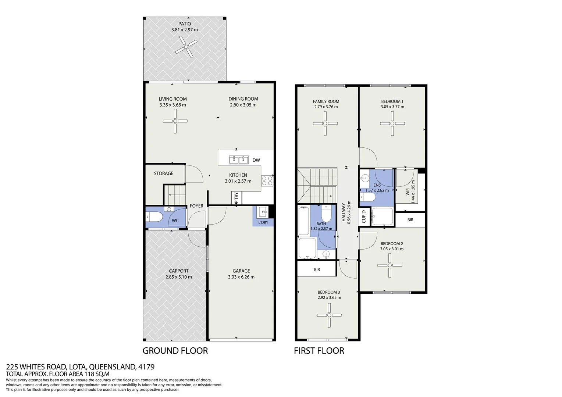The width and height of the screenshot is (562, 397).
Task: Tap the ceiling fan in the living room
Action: point(175,121)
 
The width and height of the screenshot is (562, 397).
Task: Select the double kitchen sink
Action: point(238,160)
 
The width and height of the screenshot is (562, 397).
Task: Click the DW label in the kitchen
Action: point(256,160)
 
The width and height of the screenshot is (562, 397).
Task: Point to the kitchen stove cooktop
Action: point(267,181)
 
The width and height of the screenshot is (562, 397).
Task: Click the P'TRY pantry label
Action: point(236,198)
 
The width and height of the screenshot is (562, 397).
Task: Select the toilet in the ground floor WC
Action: point(154,217)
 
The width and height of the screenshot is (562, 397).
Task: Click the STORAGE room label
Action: point(164,174)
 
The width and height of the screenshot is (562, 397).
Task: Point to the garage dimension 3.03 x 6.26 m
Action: point(241,277)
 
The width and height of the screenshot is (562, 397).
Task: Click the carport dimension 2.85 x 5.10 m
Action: point(178,277)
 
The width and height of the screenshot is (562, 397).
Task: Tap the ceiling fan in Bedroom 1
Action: point(392,124)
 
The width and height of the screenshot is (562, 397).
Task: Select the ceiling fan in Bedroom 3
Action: point(329,315)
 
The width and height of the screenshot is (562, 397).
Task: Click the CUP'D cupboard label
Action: point(364,217)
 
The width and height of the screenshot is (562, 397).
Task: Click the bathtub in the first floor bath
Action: point(303,221)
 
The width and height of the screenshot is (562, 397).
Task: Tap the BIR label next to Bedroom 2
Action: point(410,220)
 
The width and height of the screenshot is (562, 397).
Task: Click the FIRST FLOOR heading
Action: point(319,351)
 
